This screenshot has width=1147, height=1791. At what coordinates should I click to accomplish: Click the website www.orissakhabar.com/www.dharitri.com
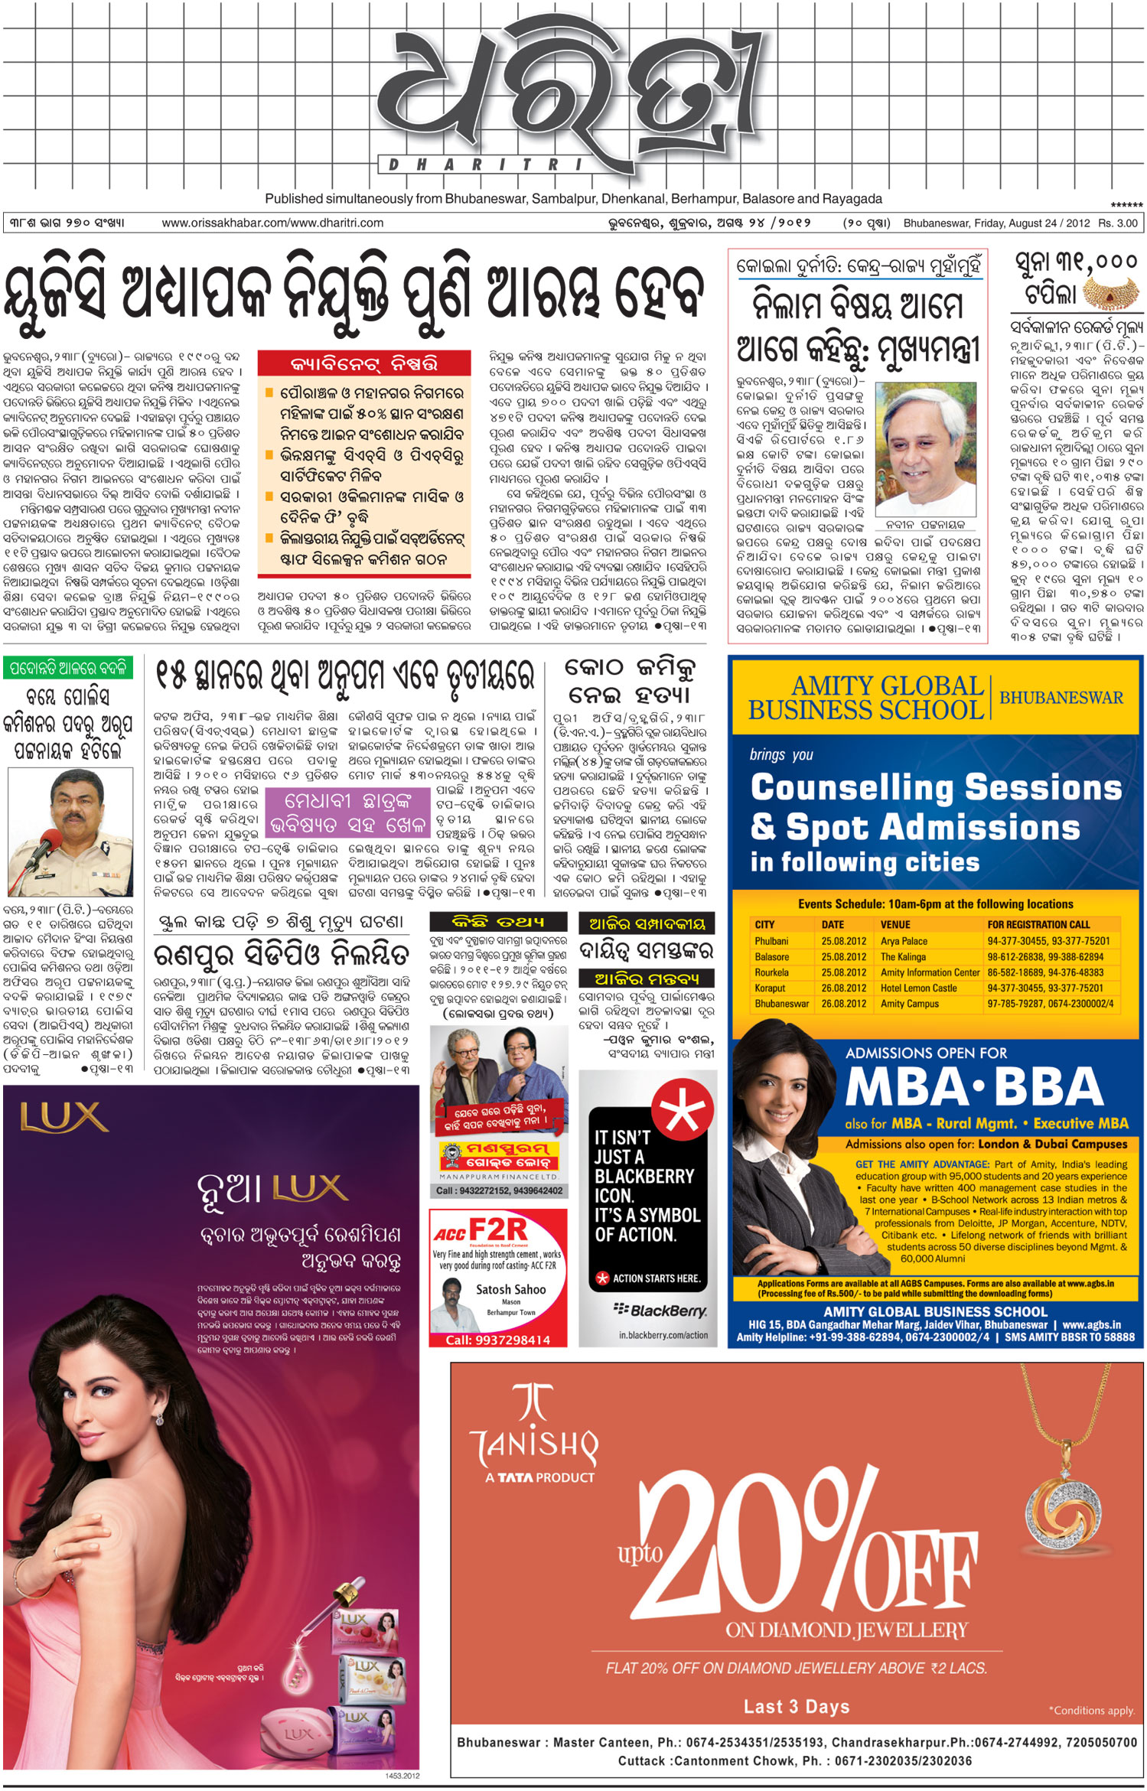click(272, 223)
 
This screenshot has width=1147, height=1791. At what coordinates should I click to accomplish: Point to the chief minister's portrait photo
click(924, 449)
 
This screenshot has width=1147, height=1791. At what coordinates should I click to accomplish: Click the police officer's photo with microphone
click(70, 832)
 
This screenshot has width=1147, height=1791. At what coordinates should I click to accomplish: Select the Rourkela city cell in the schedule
click(771, 972)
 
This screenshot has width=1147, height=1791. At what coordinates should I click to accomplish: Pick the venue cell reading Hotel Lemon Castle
click(918, 988)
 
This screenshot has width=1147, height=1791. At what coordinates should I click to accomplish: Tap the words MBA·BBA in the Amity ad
click(974, 1086)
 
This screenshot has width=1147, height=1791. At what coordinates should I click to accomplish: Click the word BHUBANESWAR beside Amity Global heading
click(1061, 698)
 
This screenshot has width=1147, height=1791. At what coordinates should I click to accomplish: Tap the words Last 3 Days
click(797, 1707)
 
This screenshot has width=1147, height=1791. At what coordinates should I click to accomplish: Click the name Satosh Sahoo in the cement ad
click(510, 1289)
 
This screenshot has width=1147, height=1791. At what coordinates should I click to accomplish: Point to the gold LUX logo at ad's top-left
click(64, 1118)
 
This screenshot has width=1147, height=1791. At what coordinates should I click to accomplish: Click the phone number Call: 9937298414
click(497, 1340)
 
